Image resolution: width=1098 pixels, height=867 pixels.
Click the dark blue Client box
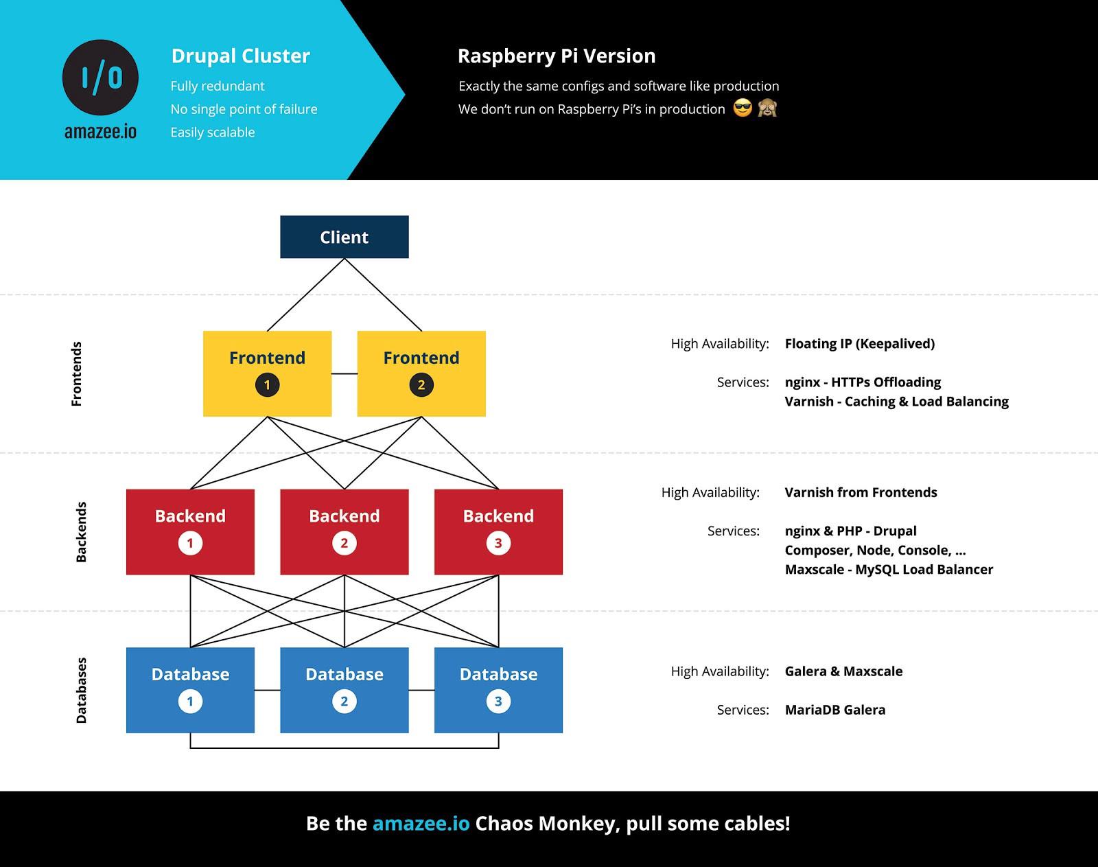point(344,237)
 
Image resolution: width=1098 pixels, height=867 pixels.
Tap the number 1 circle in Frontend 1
point(267,385)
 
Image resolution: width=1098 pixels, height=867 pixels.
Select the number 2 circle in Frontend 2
point(421,385)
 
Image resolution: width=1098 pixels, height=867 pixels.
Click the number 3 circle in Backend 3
point(498,543)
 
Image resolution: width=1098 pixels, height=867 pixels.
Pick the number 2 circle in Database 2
point(344,702)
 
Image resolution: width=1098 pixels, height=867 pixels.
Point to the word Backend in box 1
point(190,516)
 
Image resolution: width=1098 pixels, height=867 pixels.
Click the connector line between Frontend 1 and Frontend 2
point(344,373)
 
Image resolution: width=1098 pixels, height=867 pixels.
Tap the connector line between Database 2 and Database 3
point(421,690)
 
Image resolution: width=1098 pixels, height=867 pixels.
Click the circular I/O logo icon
point(100,78)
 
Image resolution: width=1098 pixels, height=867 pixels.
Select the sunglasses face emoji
point(743,108)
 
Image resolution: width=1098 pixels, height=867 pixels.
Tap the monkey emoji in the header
point(767,108)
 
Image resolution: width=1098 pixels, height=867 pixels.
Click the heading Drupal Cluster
point(240,56)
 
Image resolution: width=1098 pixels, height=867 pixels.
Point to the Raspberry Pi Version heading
point(557,56)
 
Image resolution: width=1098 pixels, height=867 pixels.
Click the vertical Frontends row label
point(77,373)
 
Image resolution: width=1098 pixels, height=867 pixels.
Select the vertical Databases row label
point(81,690)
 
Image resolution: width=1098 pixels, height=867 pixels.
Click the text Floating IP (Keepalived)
point(859,343)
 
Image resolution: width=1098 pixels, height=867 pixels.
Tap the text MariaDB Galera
point(834,710)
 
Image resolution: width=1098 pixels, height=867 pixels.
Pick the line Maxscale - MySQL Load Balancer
point(889,569)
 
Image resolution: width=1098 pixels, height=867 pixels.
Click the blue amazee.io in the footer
point(421,823)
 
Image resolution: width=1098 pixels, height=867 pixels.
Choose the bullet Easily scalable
point(213,132)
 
